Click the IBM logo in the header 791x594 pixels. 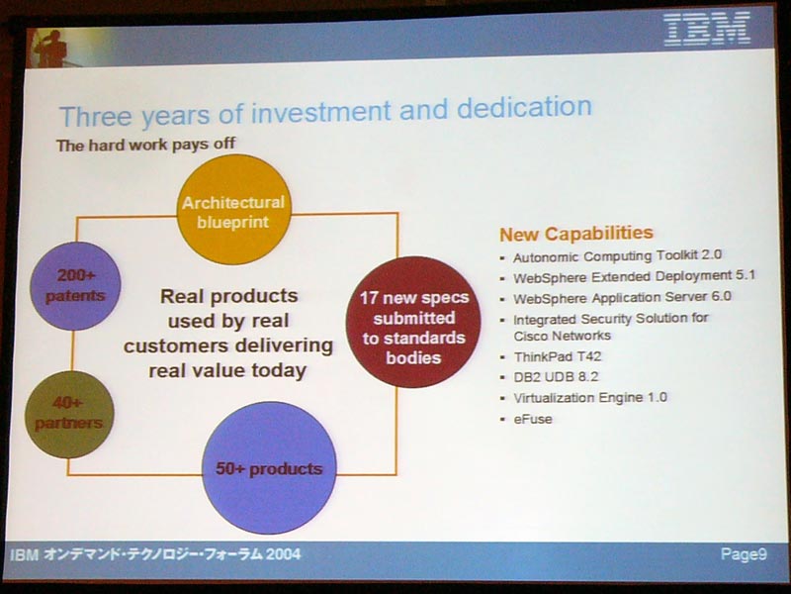click(707, 29)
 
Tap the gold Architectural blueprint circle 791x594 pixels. click(233, 209)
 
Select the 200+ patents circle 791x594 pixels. click(75, 286)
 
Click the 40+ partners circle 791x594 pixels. click(69, 414)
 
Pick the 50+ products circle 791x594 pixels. click(269, 467)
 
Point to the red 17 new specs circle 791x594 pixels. click(413, 323)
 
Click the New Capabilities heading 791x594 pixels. click(576, 234)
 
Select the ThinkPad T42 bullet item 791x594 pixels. click(558, 357)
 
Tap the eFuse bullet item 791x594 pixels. click(533, 419)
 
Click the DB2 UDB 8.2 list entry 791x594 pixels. click(556, 377)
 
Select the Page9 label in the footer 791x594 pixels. click(744, 554)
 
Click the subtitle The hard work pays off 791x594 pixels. click(145, 145)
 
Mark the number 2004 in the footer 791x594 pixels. click(284, 554)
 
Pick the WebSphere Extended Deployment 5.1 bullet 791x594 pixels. click(634, 277)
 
